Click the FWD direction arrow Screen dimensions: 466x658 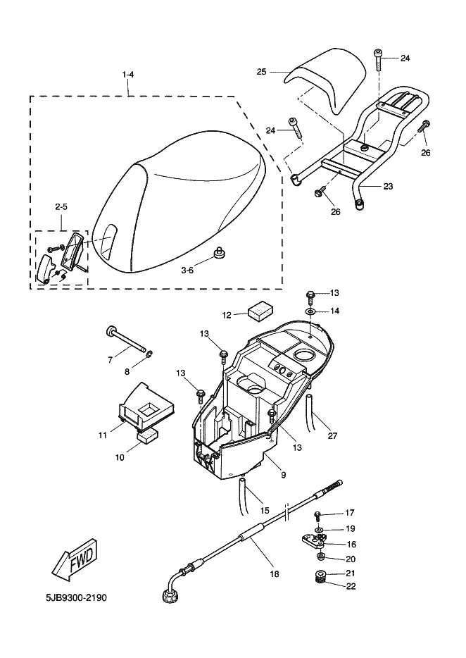tap(75, 562)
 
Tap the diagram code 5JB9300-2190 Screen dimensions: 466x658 tap(76, 597)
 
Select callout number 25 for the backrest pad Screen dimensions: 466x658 tap(261, 72)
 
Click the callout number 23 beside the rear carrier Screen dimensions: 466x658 tap(388, 186)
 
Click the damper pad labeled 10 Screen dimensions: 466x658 tap(147, 435)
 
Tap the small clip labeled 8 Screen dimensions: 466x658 tap(149, 356)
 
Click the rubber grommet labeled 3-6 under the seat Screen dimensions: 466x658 tap(218, 252)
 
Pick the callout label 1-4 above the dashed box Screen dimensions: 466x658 tap(128, 75)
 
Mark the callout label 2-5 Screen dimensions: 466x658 tap(61, 206)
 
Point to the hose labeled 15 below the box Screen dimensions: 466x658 tap(246, 495)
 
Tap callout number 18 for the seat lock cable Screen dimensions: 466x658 tap(275, 573)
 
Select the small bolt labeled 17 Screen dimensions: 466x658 tap(317, 515)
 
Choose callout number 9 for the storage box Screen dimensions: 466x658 tap(283, 475)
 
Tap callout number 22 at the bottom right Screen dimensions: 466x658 tap(351, 586)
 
